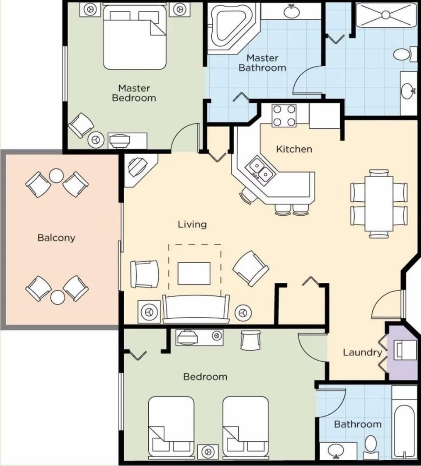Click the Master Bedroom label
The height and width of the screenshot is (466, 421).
tap(134, 93)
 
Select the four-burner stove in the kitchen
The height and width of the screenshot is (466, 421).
tap(284, 116)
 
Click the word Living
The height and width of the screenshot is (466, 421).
tap(192, 224)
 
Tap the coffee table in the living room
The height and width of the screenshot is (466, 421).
tap(194, 273)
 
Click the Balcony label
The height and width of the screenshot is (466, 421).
tap(56, 238)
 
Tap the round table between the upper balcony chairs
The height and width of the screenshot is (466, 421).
tap(56, 176)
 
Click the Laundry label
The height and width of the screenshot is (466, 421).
tap(362, 352)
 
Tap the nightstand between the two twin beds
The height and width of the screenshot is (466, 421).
tap(208, 452)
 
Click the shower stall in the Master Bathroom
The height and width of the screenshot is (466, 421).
tap(385, 16)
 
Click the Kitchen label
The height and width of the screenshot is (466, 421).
tap(294, 149)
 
